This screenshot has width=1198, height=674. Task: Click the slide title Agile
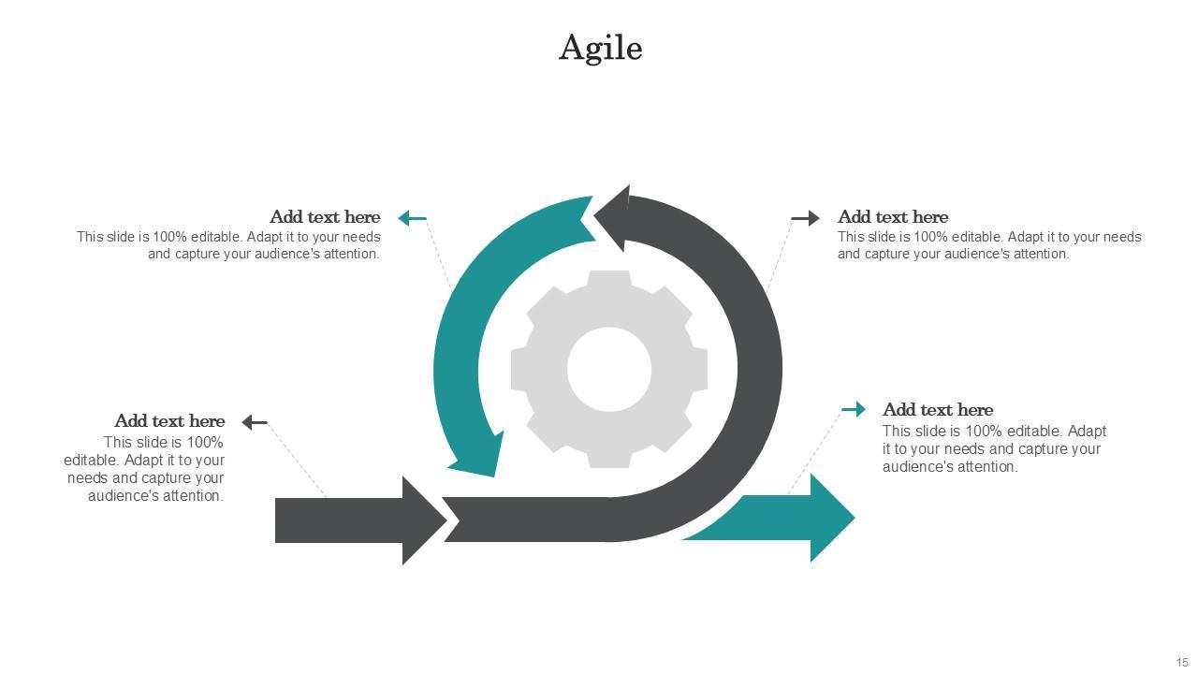pyautogui.click(x=600, y=48)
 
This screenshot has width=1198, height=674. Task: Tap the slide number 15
pyautogui.click(x=1182, y=663)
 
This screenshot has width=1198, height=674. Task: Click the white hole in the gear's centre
pyautogui.click(x=609, y=369)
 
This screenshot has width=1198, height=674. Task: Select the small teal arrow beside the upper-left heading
pyautogui.click(x=412, y=218)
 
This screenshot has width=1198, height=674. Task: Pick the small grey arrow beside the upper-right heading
pyautogui.click(x=805, y=218)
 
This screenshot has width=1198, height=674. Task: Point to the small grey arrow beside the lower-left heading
pyautogui.click(x=255, y=422)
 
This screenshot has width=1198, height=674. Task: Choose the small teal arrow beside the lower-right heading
pyautogui.click(x=854, y=409)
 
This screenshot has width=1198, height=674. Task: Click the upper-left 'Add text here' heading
pyautogui.click(x=325, y=217)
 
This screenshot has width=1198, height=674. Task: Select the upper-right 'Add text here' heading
pyautogui.click(x=893, y=217)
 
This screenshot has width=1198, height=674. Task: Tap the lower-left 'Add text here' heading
pyautogui.click(x=169, y=421)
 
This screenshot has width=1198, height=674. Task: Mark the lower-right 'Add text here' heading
pyautogui.click(x=938, y=410)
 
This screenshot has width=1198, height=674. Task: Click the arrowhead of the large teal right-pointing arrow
pyautogui.click(x=829, y=518)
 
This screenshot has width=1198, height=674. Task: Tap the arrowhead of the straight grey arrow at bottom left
pyautogui.click(x=422, y=520)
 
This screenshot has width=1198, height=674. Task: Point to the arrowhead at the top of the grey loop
pyautogui.click(x=613, y=218)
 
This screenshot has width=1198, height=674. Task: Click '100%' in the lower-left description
pyautogui.click(x=205, y=443)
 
